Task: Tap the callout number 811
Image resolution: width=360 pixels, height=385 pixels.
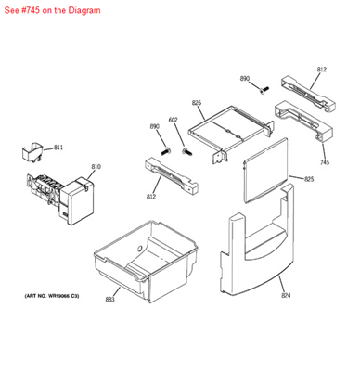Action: click(58, 148)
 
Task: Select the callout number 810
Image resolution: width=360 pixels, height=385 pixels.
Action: click(96, 167)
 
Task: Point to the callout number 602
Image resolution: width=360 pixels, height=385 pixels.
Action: click(173, 120)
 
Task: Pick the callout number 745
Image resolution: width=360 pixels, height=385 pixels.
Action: click(324, 161)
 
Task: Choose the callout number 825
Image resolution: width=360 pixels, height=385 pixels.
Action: click(309, 178)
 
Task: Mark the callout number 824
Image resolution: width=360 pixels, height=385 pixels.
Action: click(286, 296)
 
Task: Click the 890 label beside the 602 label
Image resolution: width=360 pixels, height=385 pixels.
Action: click(155, 126)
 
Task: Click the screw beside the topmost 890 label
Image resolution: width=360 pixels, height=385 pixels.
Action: click(264, 89)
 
